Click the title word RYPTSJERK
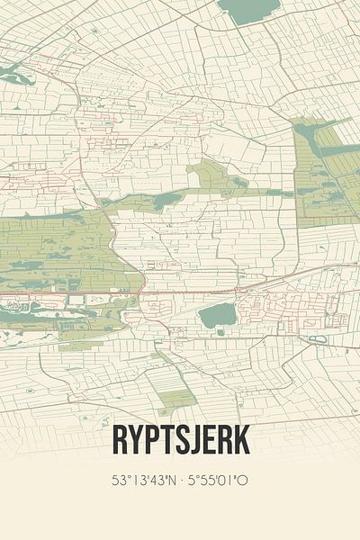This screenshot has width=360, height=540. pos(180,441)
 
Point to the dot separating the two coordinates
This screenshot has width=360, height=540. pos(183,480)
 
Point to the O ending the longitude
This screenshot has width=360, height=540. pos(244,480)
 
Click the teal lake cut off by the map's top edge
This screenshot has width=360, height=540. pos(247,10)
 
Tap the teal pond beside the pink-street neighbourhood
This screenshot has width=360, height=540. pos(216,315)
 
